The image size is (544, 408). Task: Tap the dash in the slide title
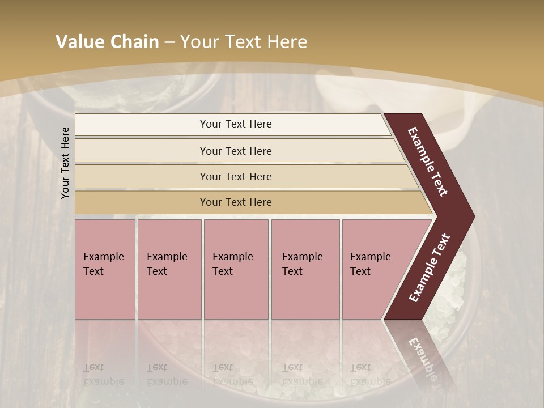(169, 42)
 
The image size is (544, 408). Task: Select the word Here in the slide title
(287, 42)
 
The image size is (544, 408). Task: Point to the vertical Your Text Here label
(65, 163)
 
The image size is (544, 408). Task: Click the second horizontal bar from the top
(236, 151)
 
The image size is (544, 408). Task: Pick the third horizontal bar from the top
(236, 176)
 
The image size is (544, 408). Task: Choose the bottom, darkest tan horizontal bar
(236, 202)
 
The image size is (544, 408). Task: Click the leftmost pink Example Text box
(105, 269)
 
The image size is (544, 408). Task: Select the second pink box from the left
(169, 269)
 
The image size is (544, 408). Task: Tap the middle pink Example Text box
(236, 269)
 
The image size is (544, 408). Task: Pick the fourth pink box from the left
(305, 269)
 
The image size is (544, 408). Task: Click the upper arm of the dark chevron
(428, 161)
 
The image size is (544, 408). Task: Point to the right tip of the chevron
(471, 216)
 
